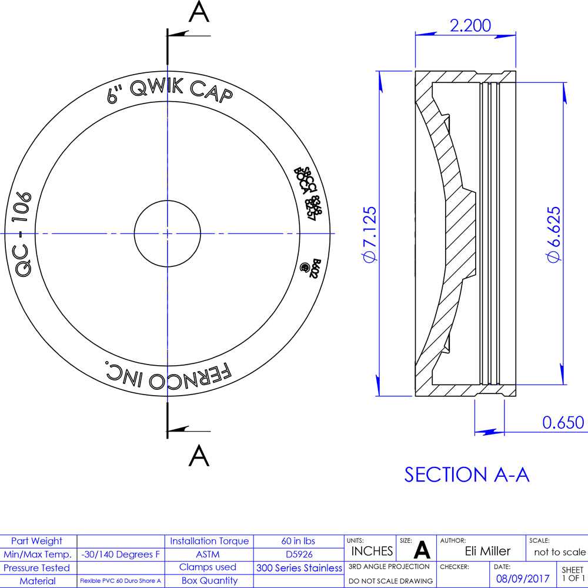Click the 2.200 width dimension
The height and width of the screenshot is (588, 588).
470,25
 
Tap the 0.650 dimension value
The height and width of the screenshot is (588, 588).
563,422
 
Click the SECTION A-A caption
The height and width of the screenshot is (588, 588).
467,475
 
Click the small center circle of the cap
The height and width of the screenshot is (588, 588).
167,233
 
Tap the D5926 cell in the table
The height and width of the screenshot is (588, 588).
298,554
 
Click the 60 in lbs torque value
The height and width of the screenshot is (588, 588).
298,541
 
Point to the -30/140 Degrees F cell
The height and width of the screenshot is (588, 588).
121,554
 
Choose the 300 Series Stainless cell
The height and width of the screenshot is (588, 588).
299,567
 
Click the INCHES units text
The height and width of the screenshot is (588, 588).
372,551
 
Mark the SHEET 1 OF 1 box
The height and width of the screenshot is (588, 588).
572,573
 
